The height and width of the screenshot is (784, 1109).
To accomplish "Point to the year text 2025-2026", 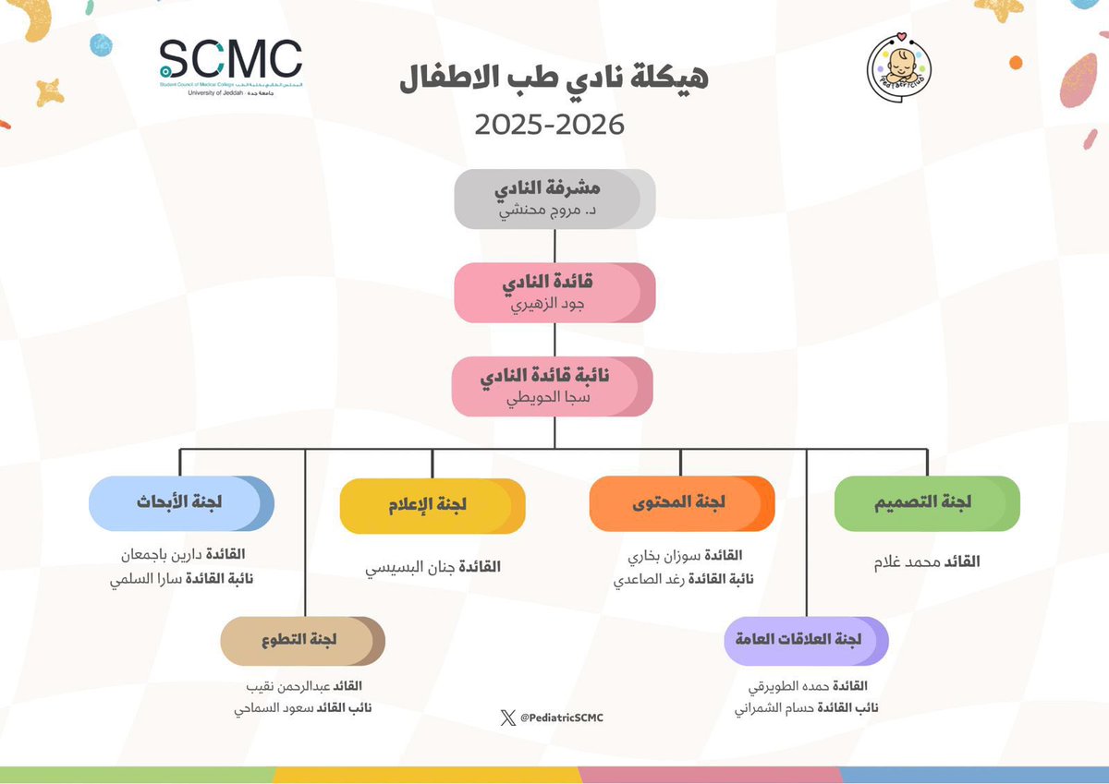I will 551,123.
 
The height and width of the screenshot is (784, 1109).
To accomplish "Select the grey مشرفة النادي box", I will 554,199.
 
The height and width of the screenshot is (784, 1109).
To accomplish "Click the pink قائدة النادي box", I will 554,293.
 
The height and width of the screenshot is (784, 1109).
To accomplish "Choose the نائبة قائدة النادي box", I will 553,386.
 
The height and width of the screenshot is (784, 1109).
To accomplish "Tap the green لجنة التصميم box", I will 927,503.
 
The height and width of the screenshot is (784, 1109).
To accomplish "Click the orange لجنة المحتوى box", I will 681,503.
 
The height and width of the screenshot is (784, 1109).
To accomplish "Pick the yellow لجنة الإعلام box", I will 433,505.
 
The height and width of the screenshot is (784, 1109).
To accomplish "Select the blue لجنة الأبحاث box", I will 181,503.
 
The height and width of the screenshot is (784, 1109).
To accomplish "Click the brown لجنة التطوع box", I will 303,641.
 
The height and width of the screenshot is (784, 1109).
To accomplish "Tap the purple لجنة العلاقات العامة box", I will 806,641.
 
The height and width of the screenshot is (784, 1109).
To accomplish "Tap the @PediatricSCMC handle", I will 563,718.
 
